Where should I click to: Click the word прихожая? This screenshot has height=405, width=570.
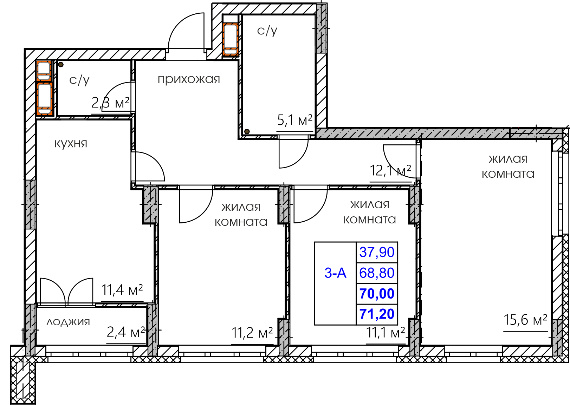[x=189, y=80]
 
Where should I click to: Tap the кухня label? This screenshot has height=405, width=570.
[x=71, y=144]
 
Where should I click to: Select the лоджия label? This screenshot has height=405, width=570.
[x=68, y=322]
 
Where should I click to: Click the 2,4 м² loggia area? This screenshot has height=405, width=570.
[x=126, y=332]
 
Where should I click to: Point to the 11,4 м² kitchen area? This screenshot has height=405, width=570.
[x=122, y=289]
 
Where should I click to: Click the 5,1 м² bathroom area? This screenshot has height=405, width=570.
[x=295, y=120]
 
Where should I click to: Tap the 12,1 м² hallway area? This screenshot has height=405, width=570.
[x=390, y=170]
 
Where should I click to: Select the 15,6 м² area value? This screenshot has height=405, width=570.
[x=525, y=320]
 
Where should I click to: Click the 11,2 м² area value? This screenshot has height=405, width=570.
[x=252, y=333]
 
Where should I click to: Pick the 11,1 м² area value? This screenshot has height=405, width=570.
[x=386, y=332]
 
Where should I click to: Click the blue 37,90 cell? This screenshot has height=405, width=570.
[x=377, y=252]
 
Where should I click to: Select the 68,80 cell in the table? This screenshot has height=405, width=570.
[x=377, y=273]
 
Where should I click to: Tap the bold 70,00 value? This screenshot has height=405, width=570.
[x=377, y=293]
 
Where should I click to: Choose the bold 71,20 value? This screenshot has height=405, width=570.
[x=377, y=314]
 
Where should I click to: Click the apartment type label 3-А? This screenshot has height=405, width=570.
[x=335, y=273]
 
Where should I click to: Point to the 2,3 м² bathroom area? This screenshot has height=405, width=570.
[x=110, y=103]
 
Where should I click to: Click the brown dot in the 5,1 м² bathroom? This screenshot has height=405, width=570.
[x=247, y=132]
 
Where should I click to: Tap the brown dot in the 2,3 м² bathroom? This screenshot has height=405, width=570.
[x=60, y=65]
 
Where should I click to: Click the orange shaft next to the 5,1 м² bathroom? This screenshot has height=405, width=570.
[x=231, y=39]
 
